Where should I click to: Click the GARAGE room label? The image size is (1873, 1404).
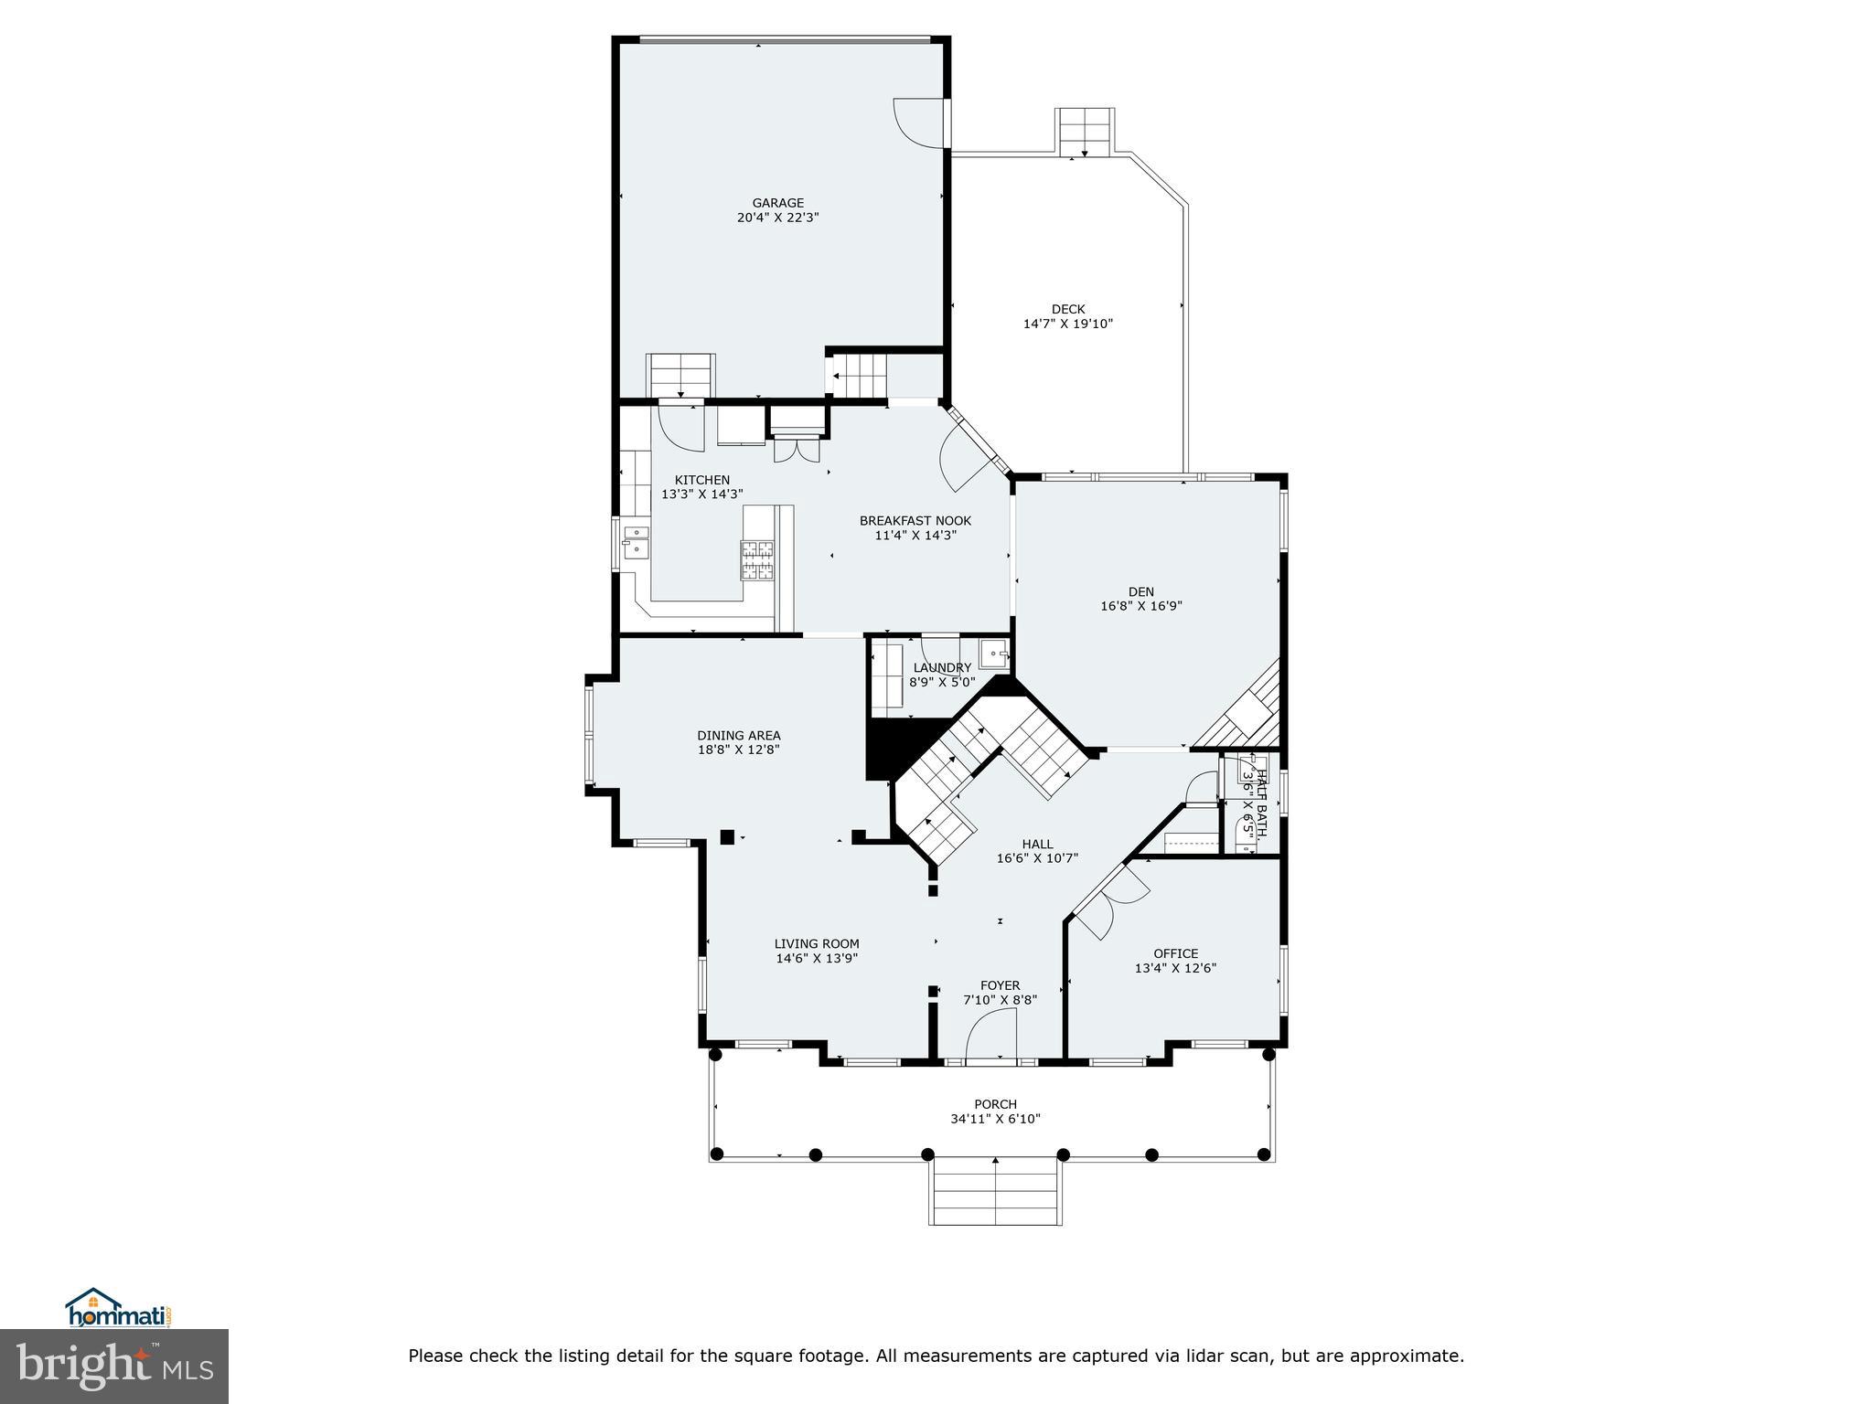pos(777,203)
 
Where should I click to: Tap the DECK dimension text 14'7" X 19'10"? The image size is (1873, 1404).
pos(1067,324)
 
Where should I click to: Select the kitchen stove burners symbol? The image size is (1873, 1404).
pos(756,559)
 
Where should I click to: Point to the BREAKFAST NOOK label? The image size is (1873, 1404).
pos(915,521)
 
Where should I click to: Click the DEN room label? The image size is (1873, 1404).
pos(1140,591)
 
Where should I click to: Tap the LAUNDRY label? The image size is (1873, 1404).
pos(942,668)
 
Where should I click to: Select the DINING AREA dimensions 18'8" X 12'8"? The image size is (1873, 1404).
pos(738,750)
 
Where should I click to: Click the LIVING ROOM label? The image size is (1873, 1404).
pos(817,944)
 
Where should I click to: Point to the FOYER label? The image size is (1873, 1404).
pos(1000,985)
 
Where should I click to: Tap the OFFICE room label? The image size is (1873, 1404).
pos(1175,953)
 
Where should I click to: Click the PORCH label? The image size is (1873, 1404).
pos(995,1104)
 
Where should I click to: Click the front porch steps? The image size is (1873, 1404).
pos(995,1192)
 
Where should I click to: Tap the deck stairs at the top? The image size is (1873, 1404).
pos(1085,131)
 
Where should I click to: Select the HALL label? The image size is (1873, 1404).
pos(1037,844)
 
